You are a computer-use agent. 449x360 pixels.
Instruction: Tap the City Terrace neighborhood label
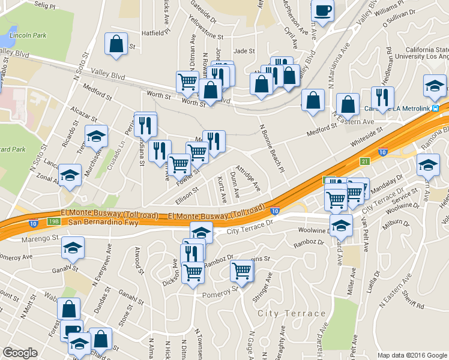click(x=291, y=314)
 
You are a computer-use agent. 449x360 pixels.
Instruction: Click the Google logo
click(x=20, y=353)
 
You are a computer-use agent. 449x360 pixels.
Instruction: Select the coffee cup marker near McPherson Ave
click(x=322, y=11)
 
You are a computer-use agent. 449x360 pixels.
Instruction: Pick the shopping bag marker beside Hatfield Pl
click(x=116, y=43)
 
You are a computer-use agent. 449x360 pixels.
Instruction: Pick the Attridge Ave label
click(x=247, y=178)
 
